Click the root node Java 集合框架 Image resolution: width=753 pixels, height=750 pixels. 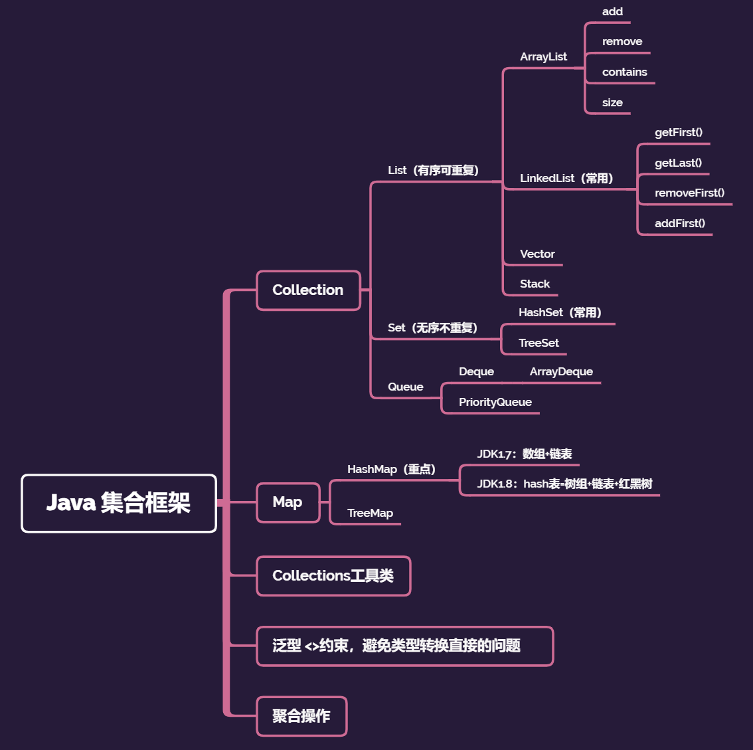(119, 503)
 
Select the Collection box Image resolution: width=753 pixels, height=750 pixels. (308, 290)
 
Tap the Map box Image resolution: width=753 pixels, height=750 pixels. (288, 502)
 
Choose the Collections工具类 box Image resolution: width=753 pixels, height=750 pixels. (333, 576)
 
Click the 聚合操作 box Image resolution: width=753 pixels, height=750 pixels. (301, 716)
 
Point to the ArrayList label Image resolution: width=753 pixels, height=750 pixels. (543, 57)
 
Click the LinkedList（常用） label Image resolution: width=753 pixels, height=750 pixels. (566, 178)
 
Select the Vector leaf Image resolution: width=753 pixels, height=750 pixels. (537, 254)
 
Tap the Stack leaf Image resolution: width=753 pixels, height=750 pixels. (535, 284)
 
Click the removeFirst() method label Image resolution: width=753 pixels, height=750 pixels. (689, 193)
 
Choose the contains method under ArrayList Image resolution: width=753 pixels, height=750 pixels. (624, 72)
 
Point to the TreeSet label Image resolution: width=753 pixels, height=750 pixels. (539, 343)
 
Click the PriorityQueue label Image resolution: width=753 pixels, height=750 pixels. (495, 402)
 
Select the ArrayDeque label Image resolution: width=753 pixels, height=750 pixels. (561, 371)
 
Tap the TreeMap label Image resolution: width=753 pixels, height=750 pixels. (370, 513)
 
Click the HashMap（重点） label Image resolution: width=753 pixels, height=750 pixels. (391, 469)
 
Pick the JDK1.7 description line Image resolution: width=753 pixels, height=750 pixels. (525, 454)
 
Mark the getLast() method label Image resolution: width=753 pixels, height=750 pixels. (678, 163)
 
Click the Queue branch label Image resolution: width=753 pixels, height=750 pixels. (405, 387)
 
